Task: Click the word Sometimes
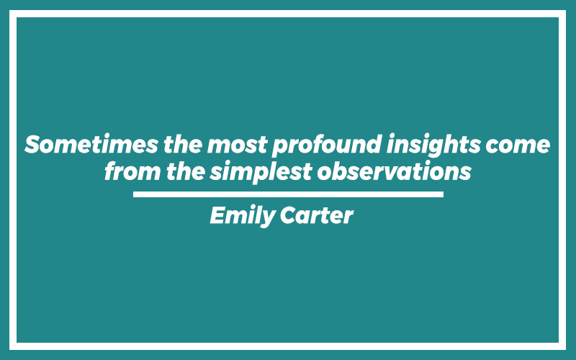91,145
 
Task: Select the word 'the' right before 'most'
183,144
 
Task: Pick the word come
518,145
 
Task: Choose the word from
132,171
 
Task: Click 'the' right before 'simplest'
186,171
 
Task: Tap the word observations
394,171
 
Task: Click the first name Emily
243,215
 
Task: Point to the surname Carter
317,215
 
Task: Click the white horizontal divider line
289,194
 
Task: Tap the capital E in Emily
217,215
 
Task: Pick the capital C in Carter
289,215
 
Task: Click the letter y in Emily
268,219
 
